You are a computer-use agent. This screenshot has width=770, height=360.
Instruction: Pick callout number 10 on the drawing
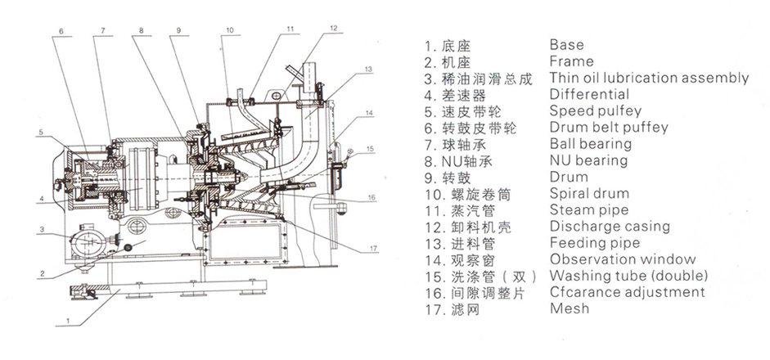229,31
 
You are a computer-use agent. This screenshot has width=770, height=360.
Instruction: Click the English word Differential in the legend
589,95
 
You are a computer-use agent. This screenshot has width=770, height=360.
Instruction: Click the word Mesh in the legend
570,308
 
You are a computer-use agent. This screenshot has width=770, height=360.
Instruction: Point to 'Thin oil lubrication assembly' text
649,79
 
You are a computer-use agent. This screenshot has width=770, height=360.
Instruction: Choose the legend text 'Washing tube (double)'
628,276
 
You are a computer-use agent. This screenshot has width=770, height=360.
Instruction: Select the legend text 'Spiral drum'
589,194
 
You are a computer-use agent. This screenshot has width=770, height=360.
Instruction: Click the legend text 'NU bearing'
588,160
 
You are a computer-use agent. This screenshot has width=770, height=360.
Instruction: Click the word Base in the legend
567,45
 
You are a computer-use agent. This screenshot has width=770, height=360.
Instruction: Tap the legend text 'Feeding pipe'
594,243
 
